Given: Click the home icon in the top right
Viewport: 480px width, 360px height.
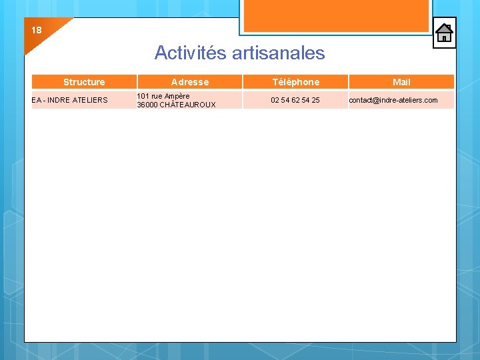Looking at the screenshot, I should point(444,33).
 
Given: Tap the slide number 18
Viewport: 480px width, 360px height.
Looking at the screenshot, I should point(36,30).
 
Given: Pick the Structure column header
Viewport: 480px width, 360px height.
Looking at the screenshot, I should point(84,82).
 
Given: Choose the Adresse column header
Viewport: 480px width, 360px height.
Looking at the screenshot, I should point(190,82).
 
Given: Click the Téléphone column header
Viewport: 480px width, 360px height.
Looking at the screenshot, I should point(295,82).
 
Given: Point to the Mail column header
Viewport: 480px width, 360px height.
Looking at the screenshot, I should point(401,82).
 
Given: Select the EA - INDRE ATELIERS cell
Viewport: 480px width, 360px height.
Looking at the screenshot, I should point(69,100).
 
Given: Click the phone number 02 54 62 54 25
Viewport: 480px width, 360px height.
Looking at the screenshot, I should point(295,100).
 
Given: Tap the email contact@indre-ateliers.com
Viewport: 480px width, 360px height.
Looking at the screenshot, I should point(393,100).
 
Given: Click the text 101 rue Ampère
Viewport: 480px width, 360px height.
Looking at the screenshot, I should point(163,96).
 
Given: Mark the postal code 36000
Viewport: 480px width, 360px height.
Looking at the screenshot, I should point(147,105).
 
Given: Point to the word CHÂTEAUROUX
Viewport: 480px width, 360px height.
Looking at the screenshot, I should point(188,105).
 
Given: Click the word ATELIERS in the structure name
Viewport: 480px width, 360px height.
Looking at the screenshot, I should point(91,100).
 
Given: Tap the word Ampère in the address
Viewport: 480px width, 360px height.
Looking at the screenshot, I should point(177,96).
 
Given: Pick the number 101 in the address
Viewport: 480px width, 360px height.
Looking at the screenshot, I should point(143,96).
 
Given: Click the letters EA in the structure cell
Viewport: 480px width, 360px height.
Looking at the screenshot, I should point(36,100).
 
